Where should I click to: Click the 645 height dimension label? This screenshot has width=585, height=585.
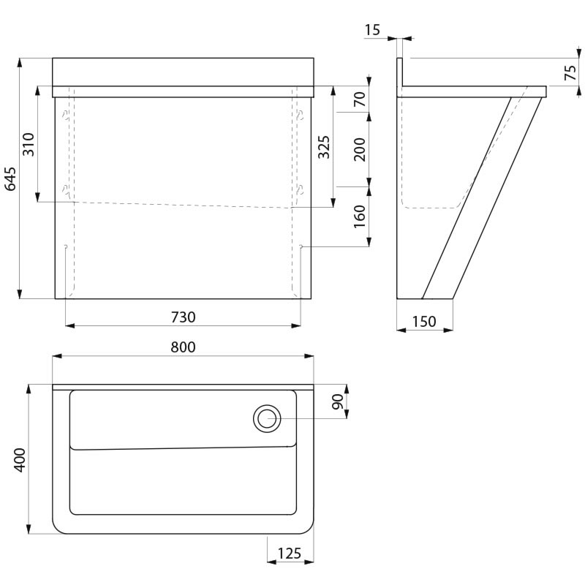point(10,178)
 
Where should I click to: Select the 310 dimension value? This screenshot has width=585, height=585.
point(29,144)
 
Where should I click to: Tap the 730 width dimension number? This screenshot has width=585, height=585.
point(184,317)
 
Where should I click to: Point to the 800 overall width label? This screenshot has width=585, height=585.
point(184,347)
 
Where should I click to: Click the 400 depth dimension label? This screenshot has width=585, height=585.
point(20,460)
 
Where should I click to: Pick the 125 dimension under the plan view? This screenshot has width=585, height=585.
point(289,554)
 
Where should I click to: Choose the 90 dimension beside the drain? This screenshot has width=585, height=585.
point(338,401)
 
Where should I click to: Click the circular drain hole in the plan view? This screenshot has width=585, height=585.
point(267,418)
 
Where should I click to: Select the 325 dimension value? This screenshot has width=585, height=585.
point(324,147)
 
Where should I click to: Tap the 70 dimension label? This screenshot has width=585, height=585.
point(359,99)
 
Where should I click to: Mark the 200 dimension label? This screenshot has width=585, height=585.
point(359,149)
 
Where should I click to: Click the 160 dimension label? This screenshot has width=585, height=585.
point(359,216)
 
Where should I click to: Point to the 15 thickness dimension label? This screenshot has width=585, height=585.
point(372,30)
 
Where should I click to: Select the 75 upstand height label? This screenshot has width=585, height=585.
point(570,72)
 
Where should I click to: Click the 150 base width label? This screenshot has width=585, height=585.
point(424,322)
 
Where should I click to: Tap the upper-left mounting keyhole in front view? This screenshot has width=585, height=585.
point(65,115)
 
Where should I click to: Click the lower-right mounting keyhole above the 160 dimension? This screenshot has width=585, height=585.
point(301,190)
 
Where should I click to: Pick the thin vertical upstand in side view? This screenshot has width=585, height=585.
point(399,72)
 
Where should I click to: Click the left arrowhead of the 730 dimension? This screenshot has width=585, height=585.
point(69,325)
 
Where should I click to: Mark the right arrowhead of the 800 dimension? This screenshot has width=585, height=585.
point(309,356)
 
